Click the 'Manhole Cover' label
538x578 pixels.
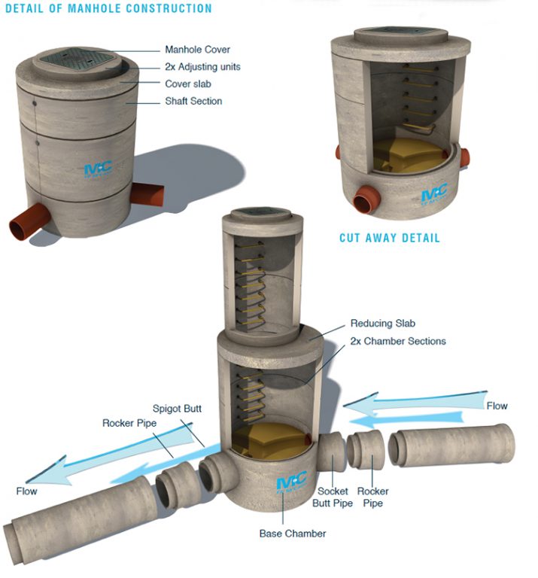(x=197, y=50)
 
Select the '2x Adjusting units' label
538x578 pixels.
(x=202, y=67)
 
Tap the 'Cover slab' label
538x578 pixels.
(x=190, y=84)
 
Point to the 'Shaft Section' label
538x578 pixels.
(x=193, y=102)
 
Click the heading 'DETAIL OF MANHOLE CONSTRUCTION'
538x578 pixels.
(x=108, y=9)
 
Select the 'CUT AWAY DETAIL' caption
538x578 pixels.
(x=389, y=238)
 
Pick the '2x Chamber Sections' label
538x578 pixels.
(x=398, y=341)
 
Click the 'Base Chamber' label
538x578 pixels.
(x=293, y=534)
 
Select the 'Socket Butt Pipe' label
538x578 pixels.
(x=332, y=497)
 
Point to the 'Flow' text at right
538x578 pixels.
(x=497, y=406)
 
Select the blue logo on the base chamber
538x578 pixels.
(x=291, y=480)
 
